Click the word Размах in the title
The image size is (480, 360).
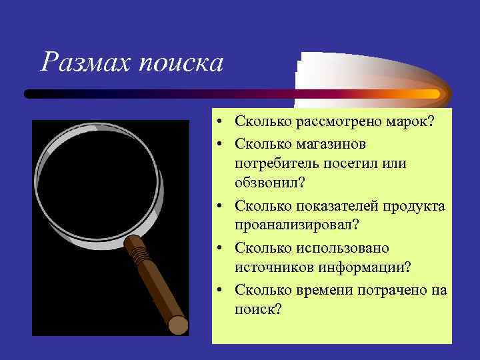(86, 63)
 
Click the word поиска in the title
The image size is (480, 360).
(180, 64)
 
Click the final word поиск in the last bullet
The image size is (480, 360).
(257, 309)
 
